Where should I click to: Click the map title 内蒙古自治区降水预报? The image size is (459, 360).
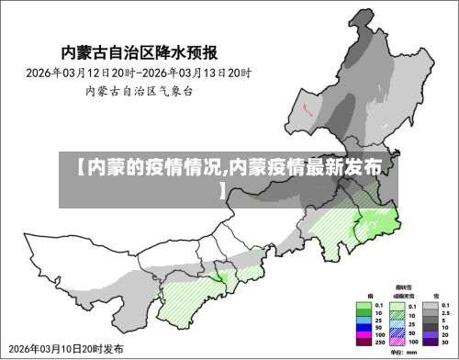145,51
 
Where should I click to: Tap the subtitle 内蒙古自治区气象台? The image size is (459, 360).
140,91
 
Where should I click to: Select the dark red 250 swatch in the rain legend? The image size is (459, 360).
364,342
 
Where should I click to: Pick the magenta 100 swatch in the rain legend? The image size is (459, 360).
364,334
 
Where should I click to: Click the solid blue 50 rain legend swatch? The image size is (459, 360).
364,328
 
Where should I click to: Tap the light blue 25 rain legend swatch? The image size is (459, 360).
364,321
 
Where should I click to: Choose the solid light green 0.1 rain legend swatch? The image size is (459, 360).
364,306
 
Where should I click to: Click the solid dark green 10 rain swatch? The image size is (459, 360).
364,313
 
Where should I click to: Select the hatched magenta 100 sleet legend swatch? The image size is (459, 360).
397,342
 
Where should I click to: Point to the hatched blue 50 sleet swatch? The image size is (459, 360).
397,333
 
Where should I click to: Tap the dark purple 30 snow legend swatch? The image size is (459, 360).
431,342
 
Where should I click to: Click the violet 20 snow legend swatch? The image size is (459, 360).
431,334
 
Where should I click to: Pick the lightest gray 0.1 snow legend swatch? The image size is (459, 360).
431,306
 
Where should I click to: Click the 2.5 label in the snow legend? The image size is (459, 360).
446,313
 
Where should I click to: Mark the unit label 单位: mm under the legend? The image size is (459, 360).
404,353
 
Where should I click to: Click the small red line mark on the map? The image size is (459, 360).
308,108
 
